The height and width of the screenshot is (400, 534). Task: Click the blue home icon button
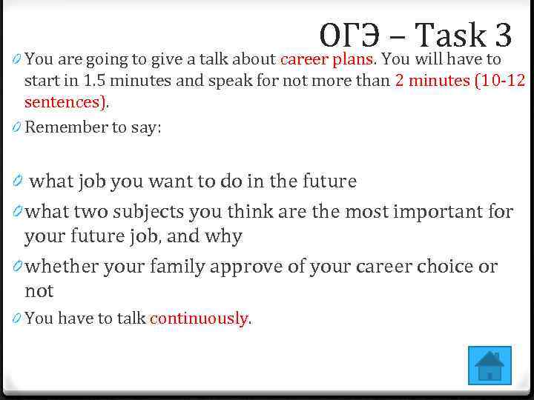click(x=489, y=365)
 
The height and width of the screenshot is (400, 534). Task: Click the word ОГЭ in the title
click(x=351, y=35)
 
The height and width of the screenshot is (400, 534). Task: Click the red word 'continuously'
click(x=199, y=319)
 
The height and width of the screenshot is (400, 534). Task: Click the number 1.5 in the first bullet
click(x=94, y=81)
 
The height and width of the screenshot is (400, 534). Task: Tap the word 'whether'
click(x=63, y=266)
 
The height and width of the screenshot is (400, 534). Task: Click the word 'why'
click(x=225, y=237)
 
